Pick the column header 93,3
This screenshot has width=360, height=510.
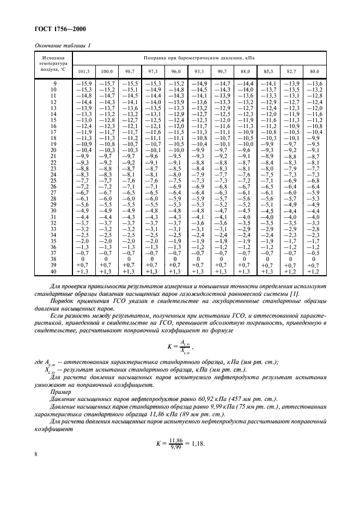pos(199,71)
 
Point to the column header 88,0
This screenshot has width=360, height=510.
pos(245,71)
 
